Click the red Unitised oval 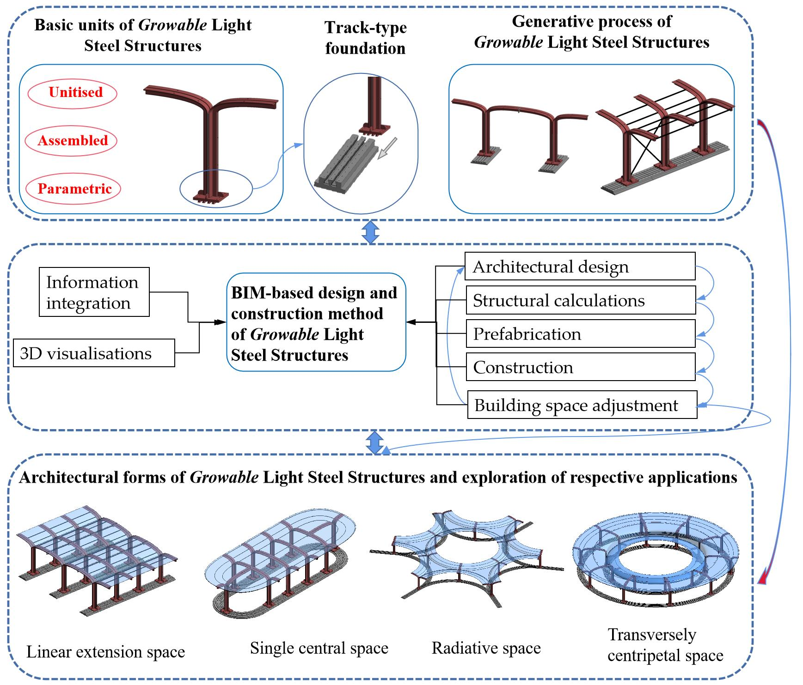coord(73,93)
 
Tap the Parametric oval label coord(73,189)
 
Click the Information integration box coord(94,292)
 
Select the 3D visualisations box coord(94,353)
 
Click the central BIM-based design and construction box coord(316,323)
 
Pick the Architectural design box coord(580,267)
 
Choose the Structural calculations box coord(580,300)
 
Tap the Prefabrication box coord(580,334)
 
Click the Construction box coord(580,367)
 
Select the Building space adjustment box coord(582,405)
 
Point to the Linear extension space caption coord(105,652)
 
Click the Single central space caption coord(319,648)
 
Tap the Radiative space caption coord(486,648)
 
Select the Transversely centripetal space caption coord(665,645)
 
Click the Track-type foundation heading coord(365,38)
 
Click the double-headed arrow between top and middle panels coord(370,232)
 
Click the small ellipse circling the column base coord(216,189)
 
